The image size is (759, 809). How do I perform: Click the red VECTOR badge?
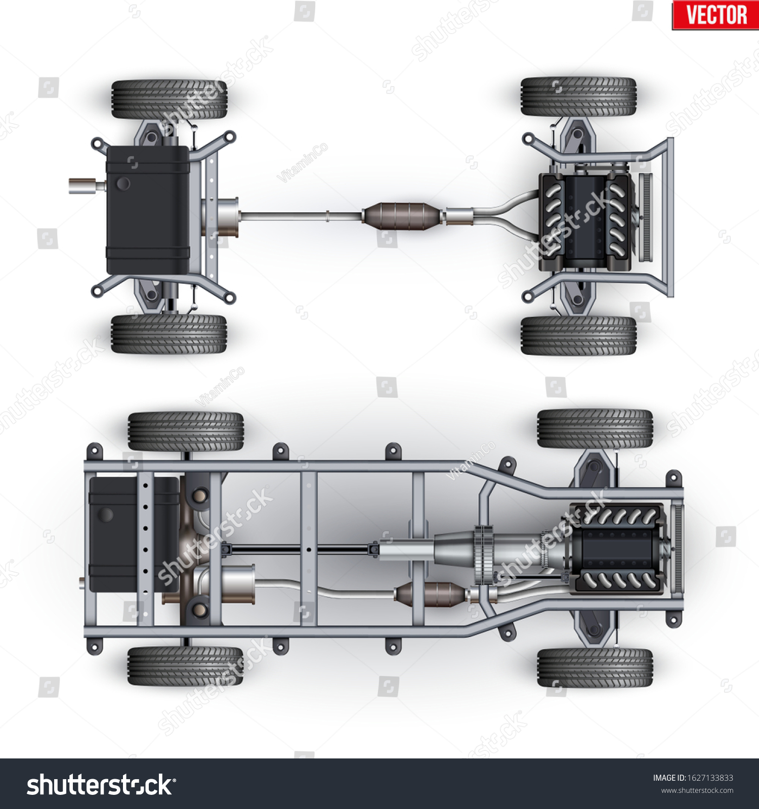point(715,15)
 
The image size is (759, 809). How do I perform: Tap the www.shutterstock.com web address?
point(697,790)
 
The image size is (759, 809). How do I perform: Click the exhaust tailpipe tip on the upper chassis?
point(81,186)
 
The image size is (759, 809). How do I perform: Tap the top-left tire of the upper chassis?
point(170,99)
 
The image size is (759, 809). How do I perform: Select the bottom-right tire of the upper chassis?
point(578,336)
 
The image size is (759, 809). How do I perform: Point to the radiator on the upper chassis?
point(646,217)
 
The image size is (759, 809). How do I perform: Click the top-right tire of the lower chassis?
point(595,429)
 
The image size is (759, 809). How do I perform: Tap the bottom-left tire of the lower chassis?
point(185,666)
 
